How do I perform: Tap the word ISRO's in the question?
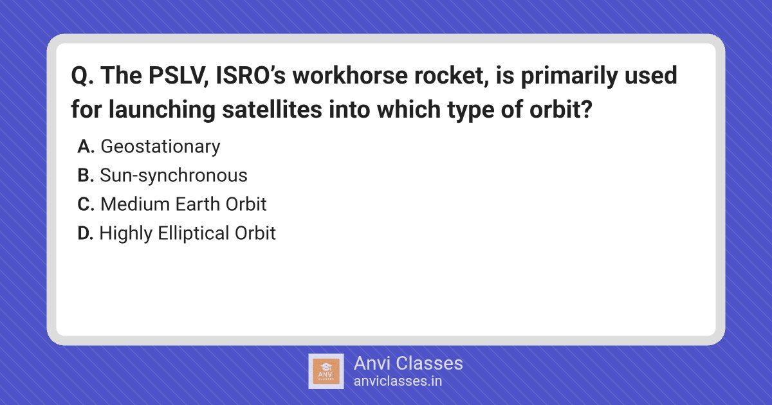coord(250,75)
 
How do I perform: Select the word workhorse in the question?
coord(350,75)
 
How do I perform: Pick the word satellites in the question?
coord(272,109)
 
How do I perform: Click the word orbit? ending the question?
coord(561,109)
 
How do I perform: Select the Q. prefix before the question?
coord(82,75)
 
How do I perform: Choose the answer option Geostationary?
coord(160,147)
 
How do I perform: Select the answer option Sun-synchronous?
coord(173,175)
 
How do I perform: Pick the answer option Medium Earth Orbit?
coord(183,204)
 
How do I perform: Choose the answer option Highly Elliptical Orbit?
coord(187,233)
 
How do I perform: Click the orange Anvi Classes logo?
coord(326,372)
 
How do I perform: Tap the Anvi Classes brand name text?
coord(408,363)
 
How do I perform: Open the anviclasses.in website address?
coord(398,381)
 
